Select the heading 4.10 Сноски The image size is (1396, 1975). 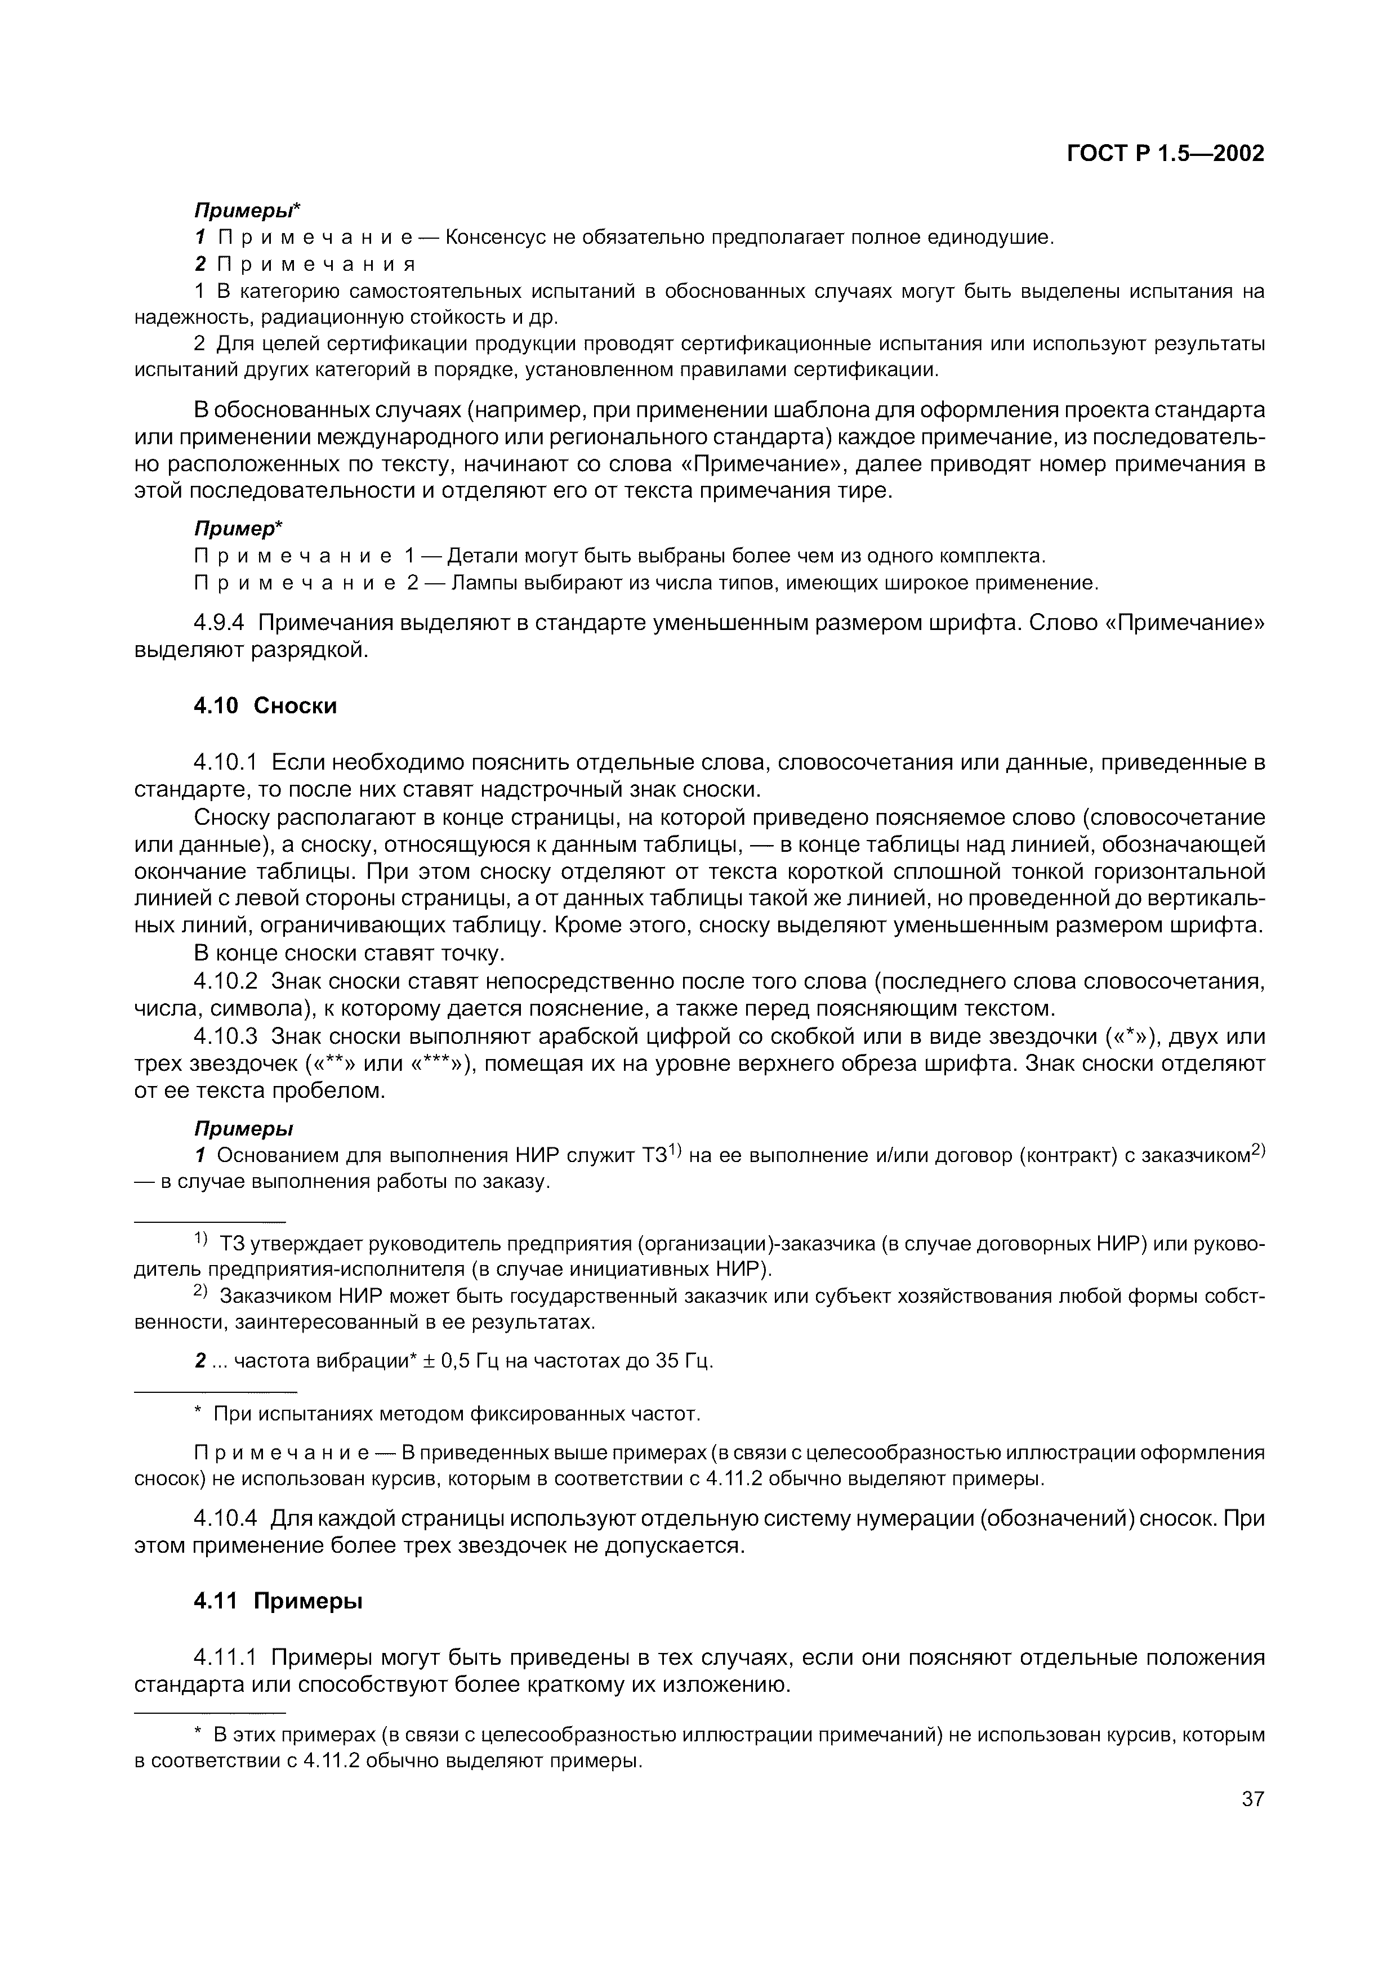pyautogui.click(x=265, y=706)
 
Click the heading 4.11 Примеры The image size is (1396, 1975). pyautogui.click(x=278, y=1602)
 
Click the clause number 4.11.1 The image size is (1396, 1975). pyautogui.click(x=226, y=1657)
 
